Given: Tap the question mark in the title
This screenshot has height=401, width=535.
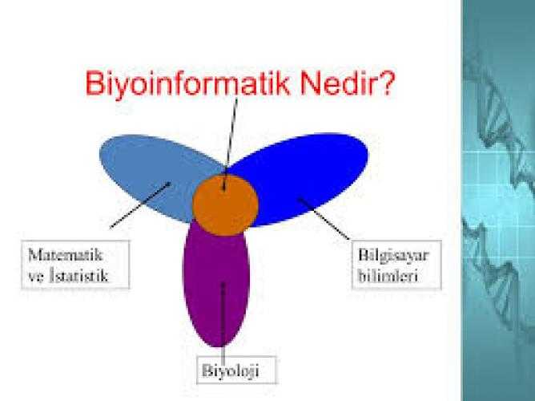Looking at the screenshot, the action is click(x=385, y=83).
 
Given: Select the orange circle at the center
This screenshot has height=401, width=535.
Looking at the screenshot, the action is click(x=225, y=205).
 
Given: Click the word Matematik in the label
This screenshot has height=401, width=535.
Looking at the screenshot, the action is click(x=65, y=255).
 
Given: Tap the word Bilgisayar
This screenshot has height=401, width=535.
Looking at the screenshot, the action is click(x=393, y=256).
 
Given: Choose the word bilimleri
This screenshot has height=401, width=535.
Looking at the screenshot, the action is click(x=388, y=275).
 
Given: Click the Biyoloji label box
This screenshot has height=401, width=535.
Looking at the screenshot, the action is click(x=236, y=371).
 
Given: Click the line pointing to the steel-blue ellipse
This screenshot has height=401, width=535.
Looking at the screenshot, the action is click(x=140, y=205).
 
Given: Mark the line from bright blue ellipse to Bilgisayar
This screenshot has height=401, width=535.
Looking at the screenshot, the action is click(x=324, y=219).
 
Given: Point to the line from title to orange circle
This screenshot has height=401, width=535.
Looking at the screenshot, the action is click(x=230, y=144).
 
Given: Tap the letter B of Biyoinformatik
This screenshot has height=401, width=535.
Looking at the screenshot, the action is click(x=95, y=83).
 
